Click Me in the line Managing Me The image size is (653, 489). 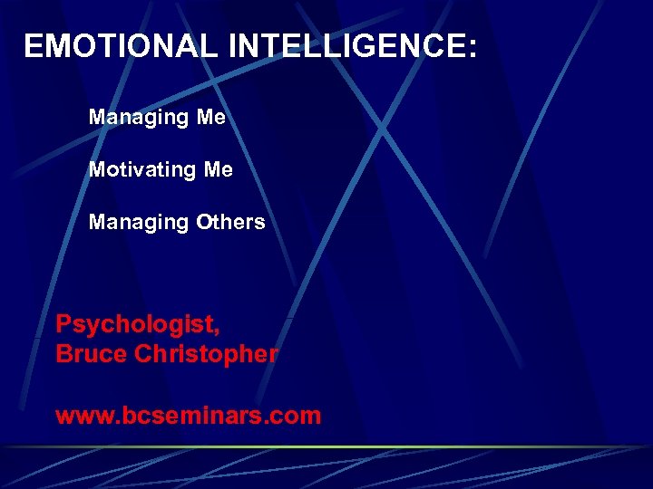[x=211, y=118]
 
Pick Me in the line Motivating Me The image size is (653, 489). [x=219, y=170]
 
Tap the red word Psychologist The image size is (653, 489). [x=135, y=324]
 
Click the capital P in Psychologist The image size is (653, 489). [x=63, y=323]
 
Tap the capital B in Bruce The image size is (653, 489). [x=63, y=354]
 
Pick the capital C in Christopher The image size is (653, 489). [x=142, y=354]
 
